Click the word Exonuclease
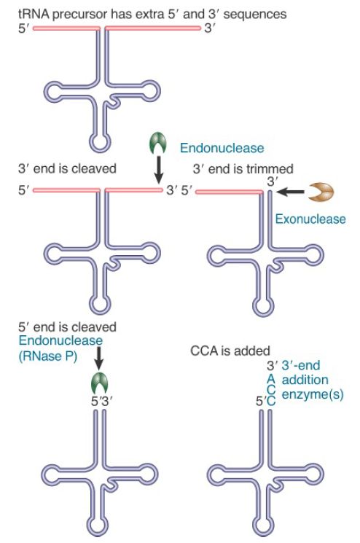(x=310, y=219)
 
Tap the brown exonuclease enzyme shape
(x=321, y=192)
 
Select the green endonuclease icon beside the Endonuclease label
(x=158, y=143)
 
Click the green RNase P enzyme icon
(x=99, y=383)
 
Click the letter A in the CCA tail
(x=270, y=379)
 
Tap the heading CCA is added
(x=230, y=351)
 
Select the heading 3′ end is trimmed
(x=243, y=168)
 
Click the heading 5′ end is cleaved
(x=67, y=327)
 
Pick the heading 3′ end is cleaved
(x=67, y=168)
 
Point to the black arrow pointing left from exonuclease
(x=290, y=192)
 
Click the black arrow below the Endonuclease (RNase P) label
(x=98, y=357)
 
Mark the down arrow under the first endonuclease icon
(x=158, y=170)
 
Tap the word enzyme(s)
(x=313, y=395)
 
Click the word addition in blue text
(x=305, y=380)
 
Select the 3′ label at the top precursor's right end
(x=210, y=28)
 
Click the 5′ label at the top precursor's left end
(x=24, y=28)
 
